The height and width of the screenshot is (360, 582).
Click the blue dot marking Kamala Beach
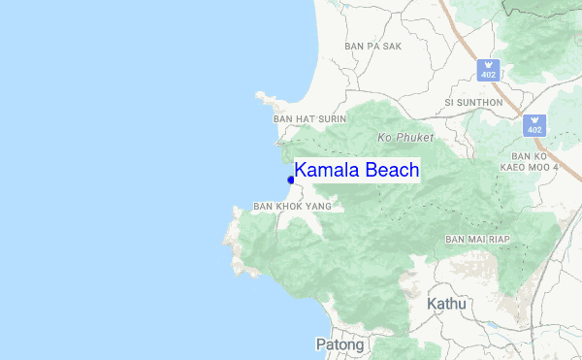click(291, 180)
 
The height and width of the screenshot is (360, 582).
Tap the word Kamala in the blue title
click(325, 171)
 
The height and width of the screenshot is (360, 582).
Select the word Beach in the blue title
click(390, 171)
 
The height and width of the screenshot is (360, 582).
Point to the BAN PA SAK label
click(372, 46)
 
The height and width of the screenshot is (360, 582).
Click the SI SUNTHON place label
click(473, 102)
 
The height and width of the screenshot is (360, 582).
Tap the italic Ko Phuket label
click(406, 138)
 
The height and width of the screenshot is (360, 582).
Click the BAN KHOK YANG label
click(291, 206)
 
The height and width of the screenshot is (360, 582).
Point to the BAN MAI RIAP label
click(477, 239)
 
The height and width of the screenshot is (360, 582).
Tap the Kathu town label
click(446, 305)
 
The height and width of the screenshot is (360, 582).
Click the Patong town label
click(339, 344)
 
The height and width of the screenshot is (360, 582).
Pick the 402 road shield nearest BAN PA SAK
click(489, 70)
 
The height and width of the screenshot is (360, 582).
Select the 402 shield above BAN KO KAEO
click(535, 125)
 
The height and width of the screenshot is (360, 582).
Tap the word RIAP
click(499, 239)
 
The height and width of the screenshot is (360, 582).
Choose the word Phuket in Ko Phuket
click(414, 138)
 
